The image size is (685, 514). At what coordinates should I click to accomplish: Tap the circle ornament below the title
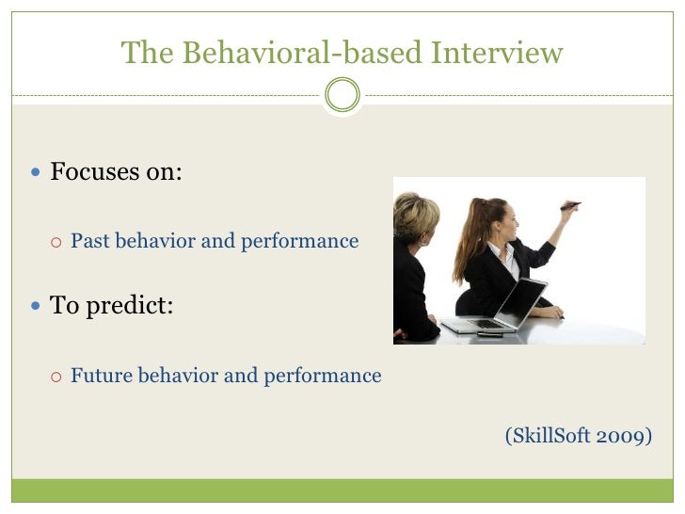tap(342, 95)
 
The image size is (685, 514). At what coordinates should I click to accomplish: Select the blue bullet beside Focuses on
tap(36, 173)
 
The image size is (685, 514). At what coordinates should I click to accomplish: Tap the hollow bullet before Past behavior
tap(56, 242)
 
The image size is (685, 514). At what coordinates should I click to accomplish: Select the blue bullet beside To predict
tap(36, 307)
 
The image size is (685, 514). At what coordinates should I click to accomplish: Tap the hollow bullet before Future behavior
tap(56, 377)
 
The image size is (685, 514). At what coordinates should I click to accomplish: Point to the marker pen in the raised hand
tap(570, 205)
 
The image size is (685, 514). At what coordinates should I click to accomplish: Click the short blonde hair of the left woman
tap(414, 215)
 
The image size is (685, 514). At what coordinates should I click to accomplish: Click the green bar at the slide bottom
tap(342, 490)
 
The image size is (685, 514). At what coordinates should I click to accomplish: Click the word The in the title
tap(141, 53)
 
